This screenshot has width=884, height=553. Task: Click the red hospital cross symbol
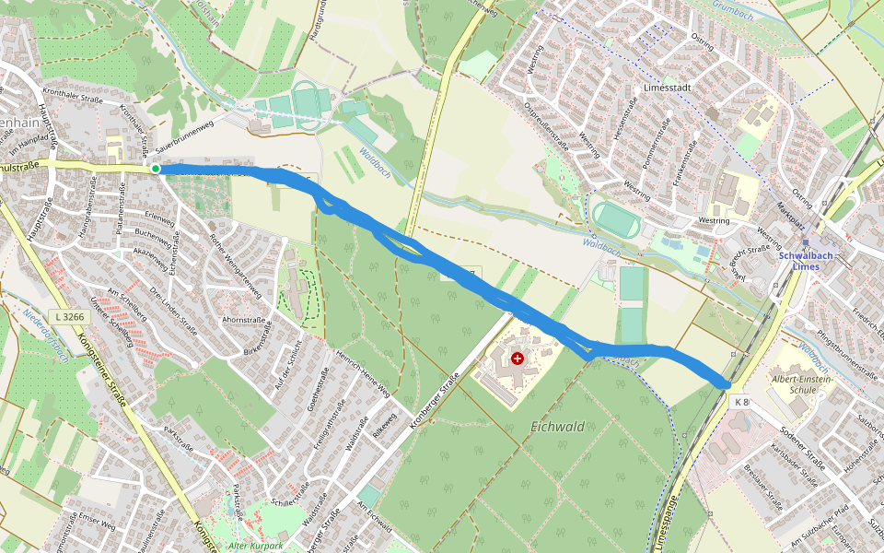(518, 358)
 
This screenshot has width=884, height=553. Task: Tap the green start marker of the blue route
(156, 169)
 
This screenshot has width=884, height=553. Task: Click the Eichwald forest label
(559, 427)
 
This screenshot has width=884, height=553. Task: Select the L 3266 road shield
(69, 316)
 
